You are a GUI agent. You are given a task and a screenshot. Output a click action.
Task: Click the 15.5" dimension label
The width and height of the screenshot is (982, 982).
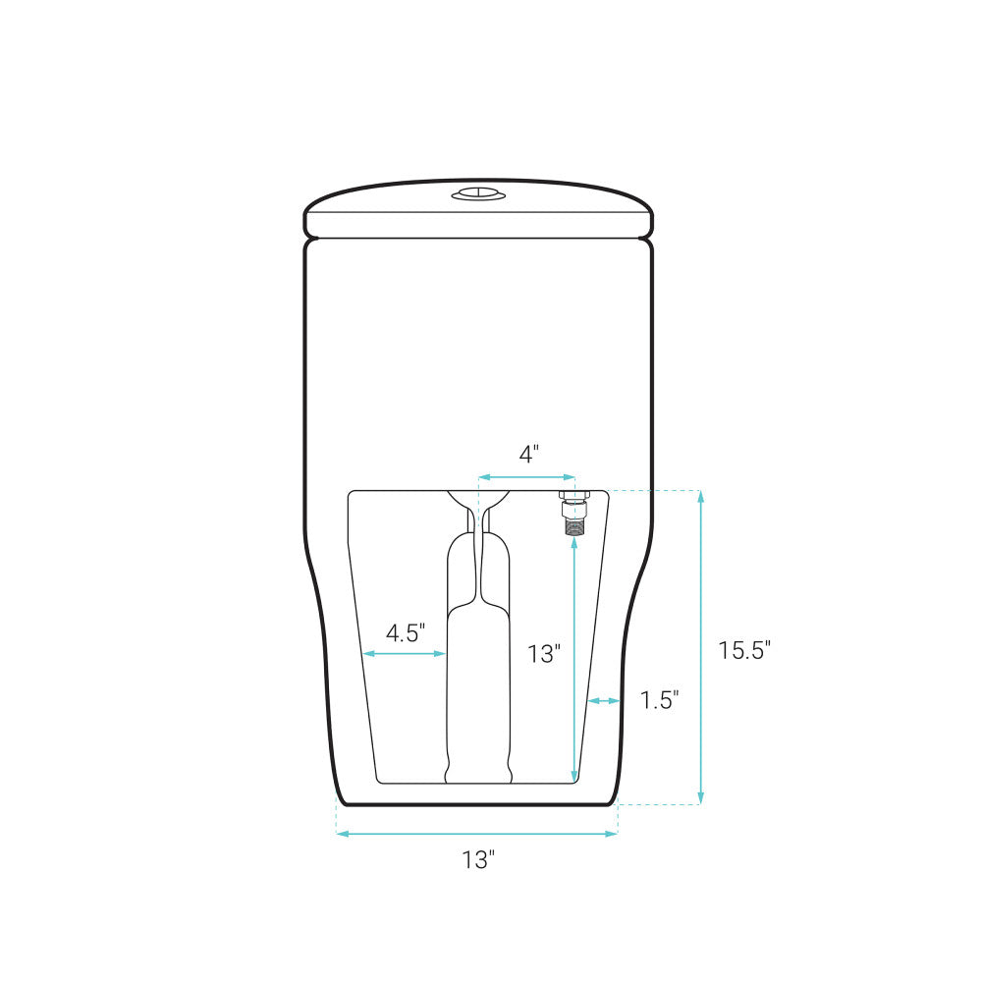[x=744, y=650]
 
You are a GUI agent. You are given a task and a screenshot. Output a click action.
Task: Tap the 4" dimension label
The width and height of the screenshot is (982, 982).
[x=529, y=454]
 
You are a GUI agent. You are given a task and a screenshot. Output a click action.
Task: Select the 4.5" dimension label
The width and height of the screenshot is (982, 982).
[x=406, y=633]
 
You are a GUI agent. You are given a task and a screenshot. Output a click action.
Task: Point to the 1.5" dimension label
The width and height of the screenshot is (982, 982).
[x=660, y=699]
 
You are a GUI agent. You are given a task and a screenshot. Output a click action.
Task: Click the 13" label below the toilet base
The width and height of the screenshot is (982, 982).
[x=478, y=860]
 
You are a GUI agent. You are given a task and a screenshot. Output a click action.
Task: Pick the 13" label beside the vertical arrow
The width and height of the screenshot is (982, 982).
[x=544, y=654]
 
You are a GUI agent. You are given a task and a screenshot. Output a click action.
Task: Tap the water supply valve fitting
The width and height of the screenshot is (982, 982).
[x=573, y=513]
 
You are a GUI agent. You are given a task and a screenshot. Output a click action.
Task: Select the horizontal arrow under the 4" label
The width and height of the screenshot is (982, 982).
[x=527, y=478]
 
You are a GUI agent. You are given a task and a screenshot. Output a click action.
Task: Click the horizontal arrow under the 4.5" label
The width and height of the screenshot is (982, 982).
[x=405, y=654]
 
